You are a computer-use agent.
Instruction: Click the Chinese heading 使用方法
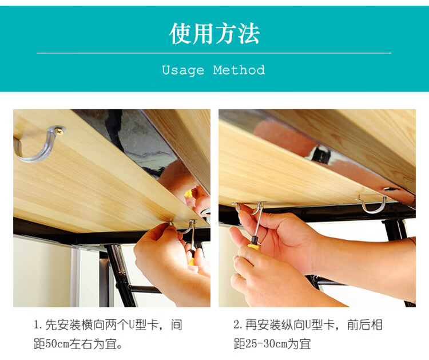[214, 34]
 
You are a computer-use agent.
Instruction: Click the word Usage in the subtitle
[183, 70]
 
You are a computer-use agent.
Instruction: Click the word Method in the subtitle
[239, 70]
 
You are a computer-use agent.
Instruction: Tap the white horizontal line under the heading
[214, 53]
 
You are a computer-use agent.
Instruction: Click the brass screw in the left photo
[59, 131]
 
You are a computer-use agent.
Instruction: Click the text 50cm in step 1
[57, 344]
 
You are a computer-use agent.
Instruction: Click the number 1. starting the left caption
[38, 325]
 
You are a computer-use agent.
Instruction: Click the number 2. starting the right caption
[238, 325]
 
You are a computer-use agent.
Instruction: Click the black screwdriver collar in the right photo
[255, 240]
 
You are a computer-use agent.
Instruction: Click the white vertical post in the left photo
[75, 276]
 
